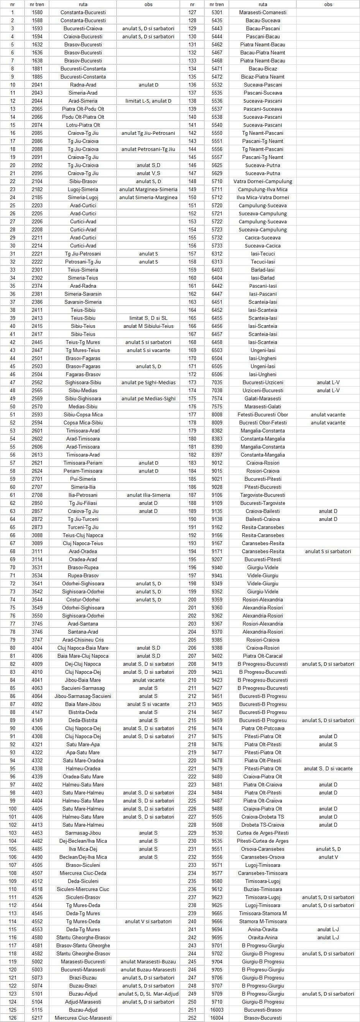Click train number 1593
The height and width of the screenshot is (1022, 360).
[x=37, y=29]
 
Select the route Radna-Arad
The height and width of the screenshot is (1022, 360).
[x=83, y=85]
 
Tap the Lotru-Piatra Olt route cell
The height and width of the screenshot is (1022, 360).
[x=83, y=125]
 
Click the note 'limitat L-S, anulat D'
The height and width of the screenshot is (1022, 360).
[x=148, y=101]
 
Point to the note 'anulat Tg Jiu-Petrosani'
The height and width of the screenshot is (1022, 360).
[x=148, y=133]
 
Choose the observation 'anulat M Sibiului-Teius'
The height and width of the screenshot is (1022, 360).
[x=148, y=326]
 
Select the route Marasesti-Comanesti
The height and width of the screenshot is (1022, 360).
[x=263, y=12]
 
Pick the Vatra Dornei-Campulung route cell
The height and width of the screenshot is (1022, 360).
[x=263, y=181]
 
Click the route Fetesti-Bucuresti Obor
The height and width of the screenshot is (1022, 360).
[x=263, y=414]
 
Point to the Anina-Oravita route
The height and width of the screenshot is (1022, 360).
[x=263, y=929]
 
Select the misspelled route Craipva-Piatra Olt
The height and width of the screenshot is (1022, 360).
[x=263, y=809]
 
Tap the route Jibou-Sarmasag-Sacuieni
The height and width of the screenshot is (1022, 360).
[x=83, y=696]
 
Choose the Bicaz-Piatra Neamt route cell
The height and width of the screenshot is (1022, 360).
[x=263, y=77]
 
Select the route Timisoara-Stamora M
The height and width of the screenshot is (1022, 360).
[x=263, y=913]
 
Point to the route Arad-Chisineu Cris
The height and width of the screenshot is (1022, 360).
[x=83, y=640]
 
